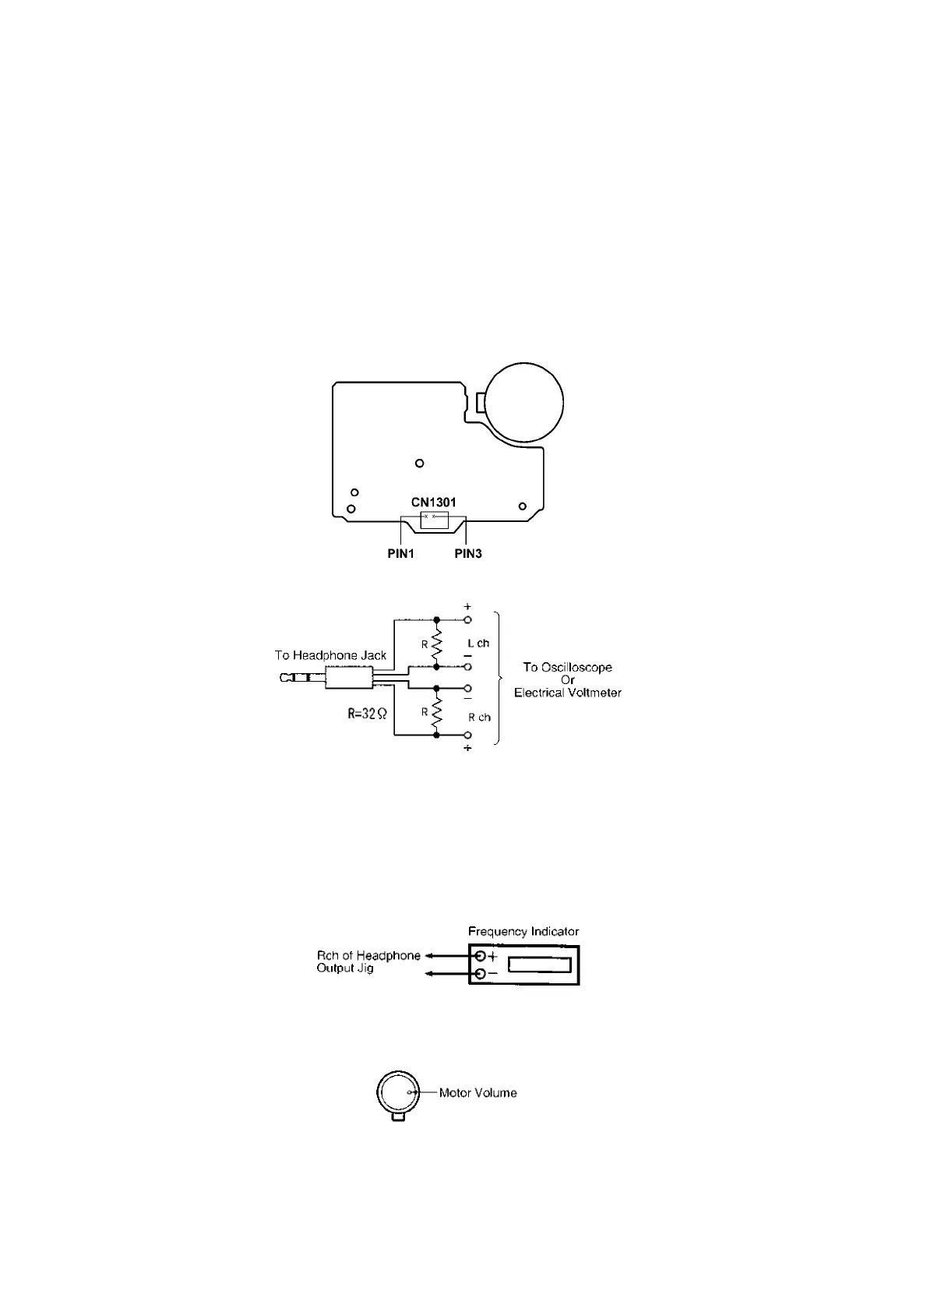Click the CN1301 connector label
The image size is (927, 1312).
(x=433, y=503)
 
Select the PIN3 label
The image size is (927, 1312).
(x=468, y=554)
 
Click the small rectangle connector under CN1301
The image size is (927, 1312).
(x=434, y=521)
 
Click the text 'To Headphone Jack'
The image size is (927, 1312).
(x=330, y=655)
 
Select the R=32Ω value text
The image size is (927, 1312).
(x=367, y=713)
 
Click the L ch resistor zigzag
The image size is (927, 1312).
(x=436, y=644)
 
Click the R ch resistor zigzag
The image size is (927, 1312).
(x=436, y=711)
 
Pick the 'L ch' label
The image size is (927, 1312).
(x=478, y=644)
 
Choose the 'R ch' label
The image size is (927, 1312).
(x=479, y=717)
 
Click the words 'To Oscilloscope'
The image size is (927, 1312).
(x=567, y=667)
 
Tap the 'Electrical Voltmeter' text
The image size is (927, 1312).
(x=567, y=693)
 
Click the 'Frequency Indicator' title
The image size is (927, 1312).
(x=523, y=931)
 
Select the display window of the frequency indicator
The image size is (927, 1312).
(x=539, y=965)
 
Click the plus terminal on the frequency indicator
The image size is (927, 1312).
(x=480, y=956)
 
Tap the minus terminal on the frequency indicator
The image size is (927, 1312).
(x=480, y=974)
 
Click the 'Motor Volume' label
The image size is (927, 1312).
(x=478, y=1092)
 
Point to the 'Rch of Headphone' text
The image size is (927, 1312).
(x=368, y=955)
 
